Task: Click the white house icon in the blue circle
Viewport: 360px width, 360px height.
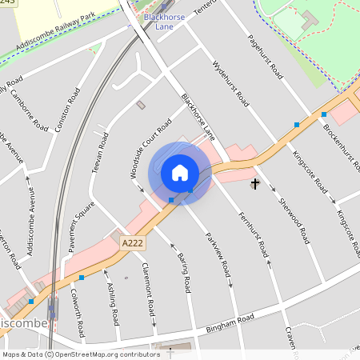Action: pyautogui.click(x=180, y=172)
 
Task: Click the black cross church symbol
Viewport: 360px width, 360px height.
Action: pyautogui.click(x=255, y=185)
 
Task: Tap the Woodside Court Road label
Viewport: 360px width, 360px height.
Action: pyautogui.click(x=150, y=148)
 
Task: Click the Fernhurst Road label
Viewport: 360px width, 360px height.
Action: pyautogui.click(x=253, y=233)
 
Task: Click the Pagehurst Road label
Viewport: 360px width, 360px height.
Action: pyautogui.click(x=266, y=55)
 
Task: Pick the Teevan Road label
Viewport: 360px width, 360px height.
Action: pyautogui.click(x=100, y=153)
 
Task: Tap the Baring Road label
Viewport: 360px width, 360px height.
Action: pyautogui.click(x=183, y=271)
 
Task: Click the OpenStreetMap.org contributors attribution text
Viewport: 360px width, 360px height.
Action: pyautogui.click(x=107, y=354)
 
